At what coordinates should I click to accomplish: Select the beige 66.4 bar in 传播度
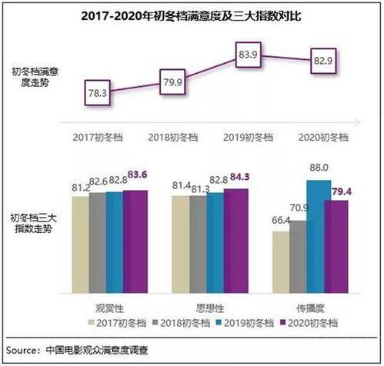point(281,261)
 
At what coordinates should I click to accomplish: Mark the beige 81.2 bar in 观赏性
point(81,242)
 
